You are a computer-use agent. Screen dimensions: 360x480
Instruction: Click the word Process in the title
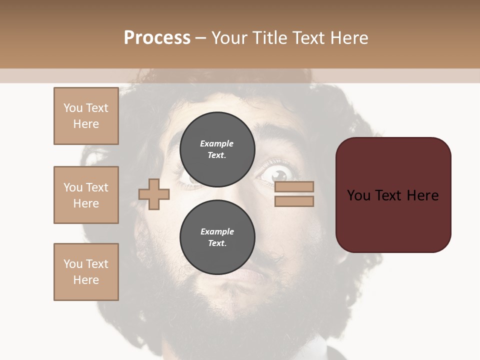coord(157,38)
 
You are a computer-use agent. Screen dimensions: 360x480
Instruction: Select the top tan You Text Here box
coord(86,116)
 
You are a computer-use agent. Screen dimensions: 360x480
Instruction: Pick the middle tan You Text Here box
coord(86,195)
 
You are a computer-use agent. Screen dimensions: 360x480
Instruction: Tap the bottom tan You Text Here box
coord(86,272)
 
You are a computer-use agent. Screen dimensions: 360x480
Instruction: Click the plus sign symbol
coord(154,194)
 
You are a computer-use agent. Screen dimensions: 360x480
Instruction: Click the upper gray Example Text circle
coord(217,149)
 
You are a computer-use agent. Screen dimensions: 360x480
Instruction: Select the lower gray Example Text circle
coord(217,237)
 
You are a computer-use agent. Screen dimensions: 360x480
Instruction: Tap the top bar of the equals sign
coord(294,187)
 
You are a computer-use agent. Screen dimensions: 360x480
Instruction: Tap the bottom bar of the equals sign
coord(294,201)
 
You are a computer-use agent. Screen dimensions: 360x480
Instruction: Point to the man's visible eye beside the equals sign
coord(278,174)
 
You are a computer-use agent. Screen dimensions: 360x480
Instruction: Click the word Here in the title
coord(347,38)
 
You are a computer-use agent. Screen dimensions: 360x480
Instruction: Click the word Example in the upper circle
coord(217,143)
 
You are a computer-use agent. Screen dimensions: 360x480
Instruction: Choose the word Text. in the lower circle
coord(217,243)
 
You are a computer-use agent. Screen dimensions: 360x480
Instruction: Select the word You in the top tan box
coord(72,108)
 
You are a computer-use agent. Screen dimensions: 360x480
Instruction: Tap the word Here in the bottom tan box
coord(86,280)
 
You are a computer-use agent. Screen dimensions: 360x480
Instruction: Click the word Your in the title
coord(231,38)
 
